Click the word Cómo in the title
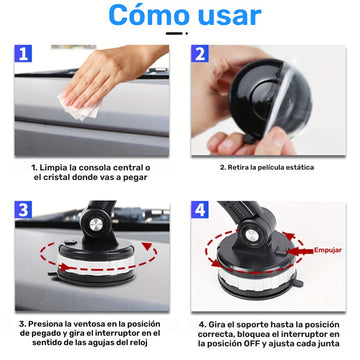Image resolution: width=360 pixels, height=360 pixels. (149, 15)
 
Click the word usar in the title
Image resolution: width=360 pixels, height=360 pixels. (229, 16)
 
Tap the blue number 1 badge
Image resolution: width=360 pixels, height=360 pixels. (23, 54)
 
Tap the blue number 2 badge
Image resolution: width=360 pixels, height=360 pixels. (200, 54)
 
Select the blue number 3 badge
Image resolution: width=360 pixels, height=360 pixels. (23, 210)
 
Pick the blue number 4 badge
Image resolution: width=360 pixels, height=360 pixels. (200, 210)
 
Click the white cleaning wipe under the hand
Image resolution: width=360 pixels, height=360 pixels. (80, 107)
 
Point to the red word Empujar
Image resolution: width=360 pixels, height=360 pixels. (328, 250)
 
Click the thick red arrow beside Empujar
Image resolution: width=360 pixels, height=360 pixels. (299, 251)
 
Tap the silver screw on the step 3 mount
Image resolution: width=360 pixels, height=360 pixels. (96, 224)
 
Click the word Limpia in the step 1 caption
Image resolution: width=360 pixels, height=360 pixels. (51, 167)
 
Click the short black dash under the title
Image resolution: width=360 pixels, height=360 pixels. (174, 33)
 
